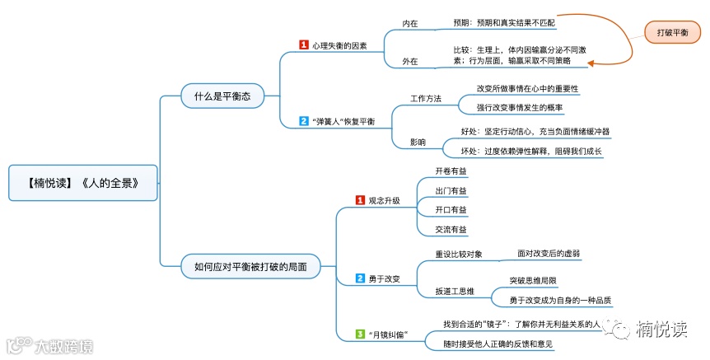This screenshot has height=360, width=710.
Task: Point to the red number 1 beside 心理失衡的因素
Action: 303,45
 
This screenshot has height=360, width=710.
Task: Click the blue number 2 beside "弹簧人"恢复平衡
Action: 303,121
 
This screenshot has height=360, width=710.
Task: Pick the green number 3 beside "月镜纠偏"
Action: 360,334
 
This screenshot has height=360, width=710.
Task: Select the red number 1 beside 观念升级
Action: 360,200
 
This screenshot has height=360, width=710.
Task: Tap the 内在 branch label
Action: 409,24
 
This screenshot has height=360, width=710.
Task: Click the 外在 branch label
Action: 409,61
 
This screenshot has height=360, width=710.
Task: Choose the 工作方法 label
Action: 426,99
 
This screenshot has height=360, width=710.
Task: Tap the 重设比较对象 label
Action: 459,254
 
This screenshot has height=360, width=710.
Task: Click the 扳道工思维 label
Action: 455,291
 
